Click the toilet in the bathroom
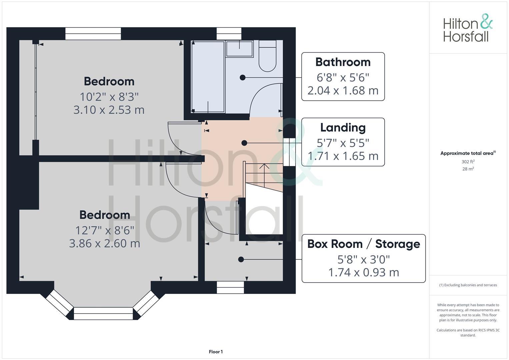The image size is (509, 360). pyautogui.click(x=267, y=56)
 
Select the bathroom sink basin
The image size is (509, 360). pyautogui.click(x=240, y=49)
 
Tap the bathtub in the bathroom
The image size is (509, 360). pyautogui.click(x=208, y=77)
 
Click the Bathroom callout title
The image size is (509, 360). pyautogui.click(x=343, y=62)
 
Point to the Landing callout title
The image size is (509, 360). pyautogui.click(x=343, y=128)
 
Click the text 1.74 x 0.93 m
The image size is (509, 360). pyautogui.click(x=364, y=272)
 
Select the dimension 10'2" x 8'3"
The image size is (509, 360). pyautogui.click(x=109, y=97)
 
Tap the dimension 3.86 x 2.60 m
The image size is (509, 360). pyautogui.click(x=105, y=243)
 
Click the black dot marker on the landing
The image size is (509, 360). pyautogui.click(x=244, y=143)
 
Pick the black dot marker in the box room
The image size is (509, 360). pyautogui.click(x=241, y=259)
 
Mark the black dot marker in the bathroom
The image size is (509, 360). pyautogui.click(x=243, y=77)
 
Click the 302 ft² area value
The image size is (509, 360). pyautogui.click(x=468, y=162)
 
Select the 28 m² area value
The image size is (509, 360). pyautogui.click(x=468, y=169)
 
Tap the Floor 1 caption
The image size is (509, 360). pyautogui.click(x=216, y=352)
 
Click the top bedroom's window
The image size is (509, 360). pyautogui.click(x=93, y=34)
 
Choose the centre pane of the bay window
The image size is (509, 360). pyautogui.click(x=103, y=313)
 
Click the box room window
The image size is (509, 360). pyautogui.click(x=230, y=287)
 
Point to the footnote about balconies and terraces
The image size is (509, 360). pyautogui.click(x=468, y=285)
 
